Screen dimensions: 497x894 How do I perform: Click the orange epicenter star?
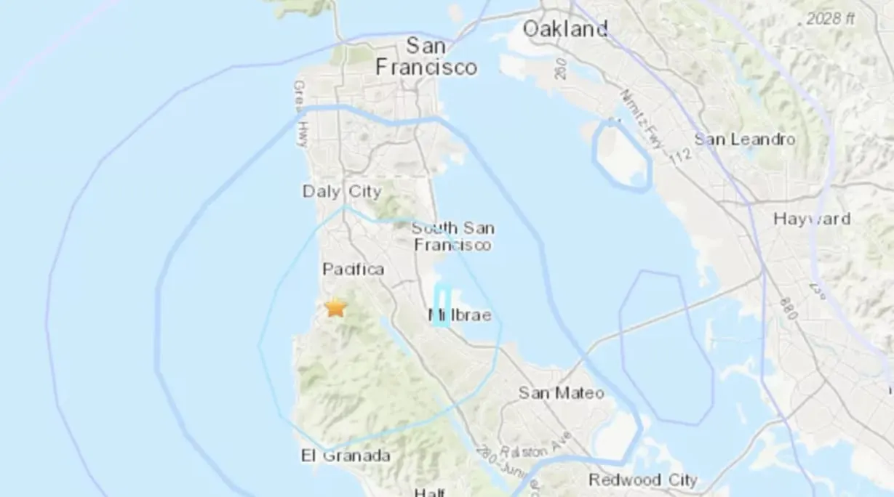(335, 307)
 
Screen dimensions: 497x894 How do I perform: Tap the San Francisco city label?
(426, 57)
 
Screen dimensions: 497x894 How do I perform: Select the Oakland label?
(565, 29)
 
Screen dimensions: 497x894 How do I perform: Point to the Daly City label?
(342, 192)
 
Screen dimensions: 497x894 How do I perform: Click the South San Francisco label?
(452, 237)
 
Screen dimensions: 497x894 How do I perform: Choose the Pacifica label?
(353, 270)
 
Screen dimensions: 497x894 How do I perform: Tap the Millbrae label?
(460, 315)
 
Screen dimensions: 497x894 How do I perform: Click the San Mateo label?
(561, 393)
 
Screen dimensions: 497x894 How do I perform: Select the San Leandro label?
(745, 139)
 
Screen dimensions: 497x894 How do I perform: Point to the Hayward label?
(812, 219)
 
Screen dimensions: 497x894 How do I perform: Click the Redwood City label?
(642, 480)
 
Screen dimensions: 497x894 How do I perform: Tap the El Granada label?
(346, 456)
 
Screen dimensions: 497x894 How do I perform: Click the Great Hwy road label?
(300, 113)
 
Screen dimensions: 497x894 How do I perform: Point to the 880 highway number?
(788, 308)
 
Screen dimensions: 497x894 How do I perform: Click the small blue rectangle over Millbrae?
(442, 306)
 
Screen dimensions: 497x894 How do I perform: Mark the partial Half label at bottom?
(429, 492)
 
